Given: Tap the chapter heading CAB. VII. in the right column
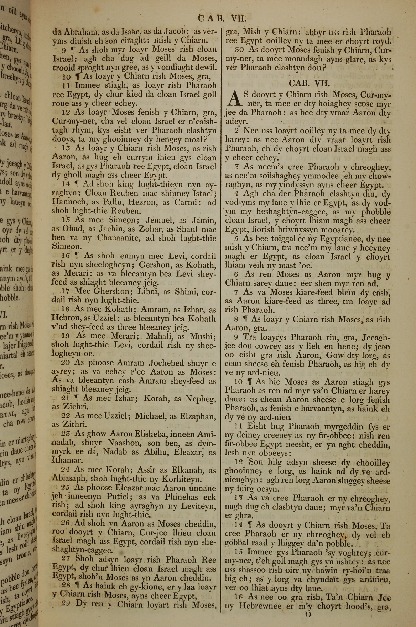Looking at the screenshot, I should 309,83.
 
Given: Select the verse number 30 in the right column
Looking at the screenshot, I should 240,50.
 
